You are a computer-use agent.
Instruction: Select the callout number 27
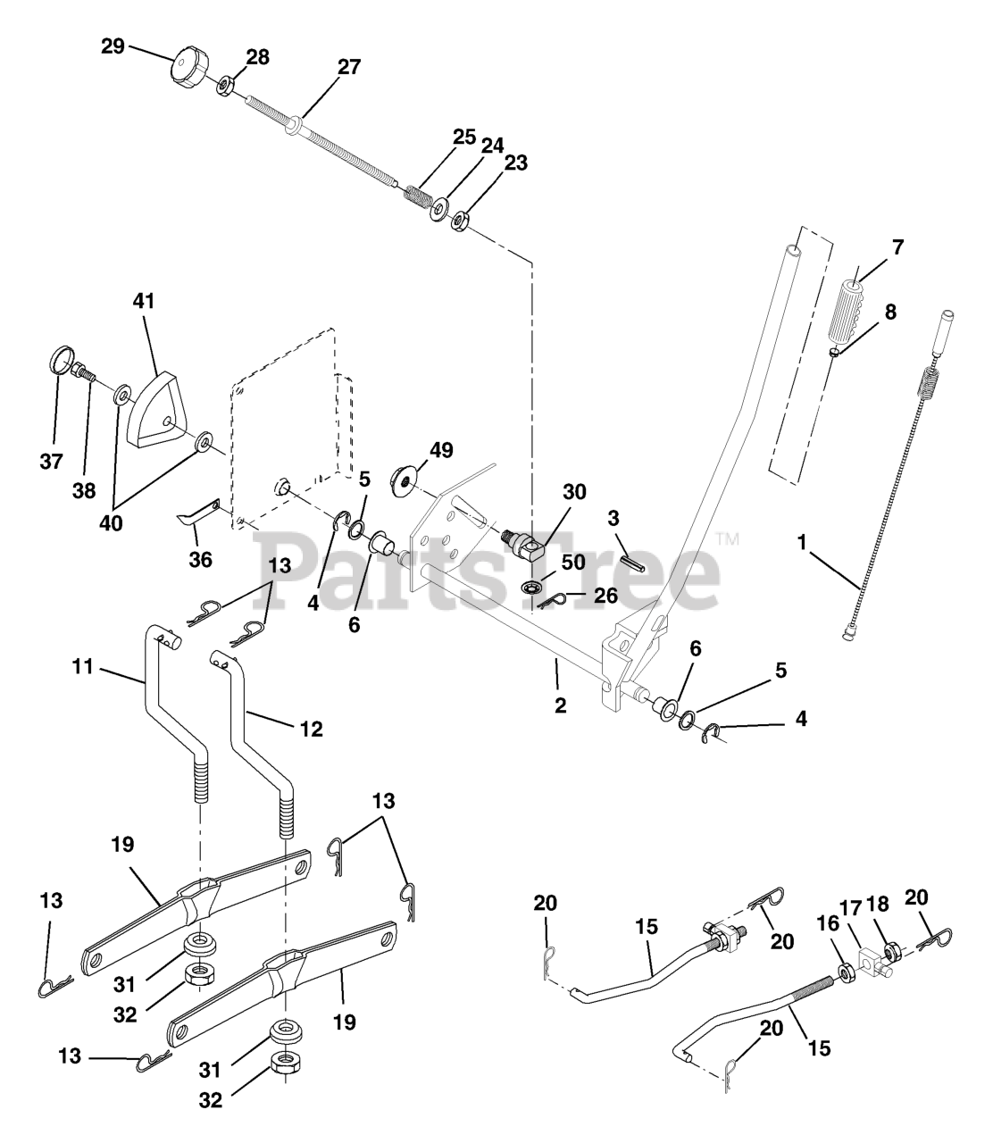[349, 67]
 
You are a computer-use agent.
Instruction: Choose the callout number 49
[441, 450]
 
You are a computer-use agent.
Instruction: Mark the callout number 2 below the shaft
[561, 705]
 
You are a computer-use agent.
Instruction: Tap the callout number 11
[83, 666]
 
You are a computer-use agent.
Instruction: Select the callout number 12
[311, 729]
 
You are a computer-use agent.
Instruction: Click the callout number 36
[201, 559]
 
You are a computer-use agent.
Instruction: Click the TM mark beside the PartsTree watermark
[728, 539]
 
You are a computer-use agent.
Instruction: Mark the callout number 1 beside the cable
[802, 542]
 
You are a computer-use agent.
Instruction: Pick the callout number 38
[84, 490]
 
